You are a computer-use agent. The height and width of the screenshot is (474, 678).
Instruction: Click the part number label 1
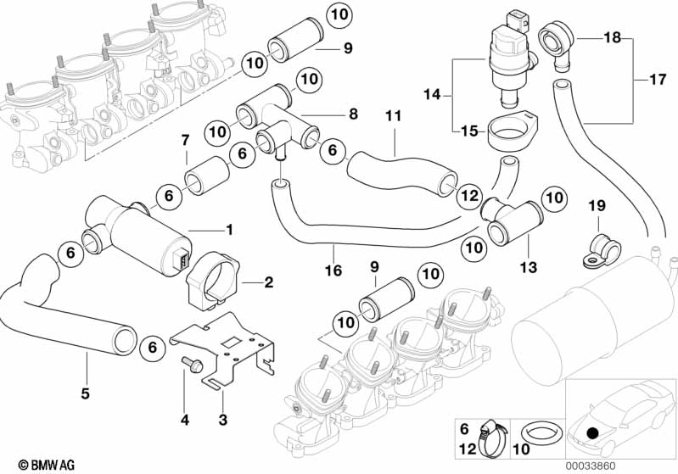click(227, 230)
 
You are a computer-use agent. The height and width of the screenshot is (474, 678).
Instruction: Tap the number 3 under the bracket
click(222, 419)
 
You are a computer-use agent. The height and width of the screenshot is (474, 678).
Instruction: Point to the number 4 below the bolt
click(183, 419)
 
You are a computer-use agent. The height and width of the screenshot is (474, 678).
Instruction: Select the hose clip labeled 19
click(601, 246)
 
